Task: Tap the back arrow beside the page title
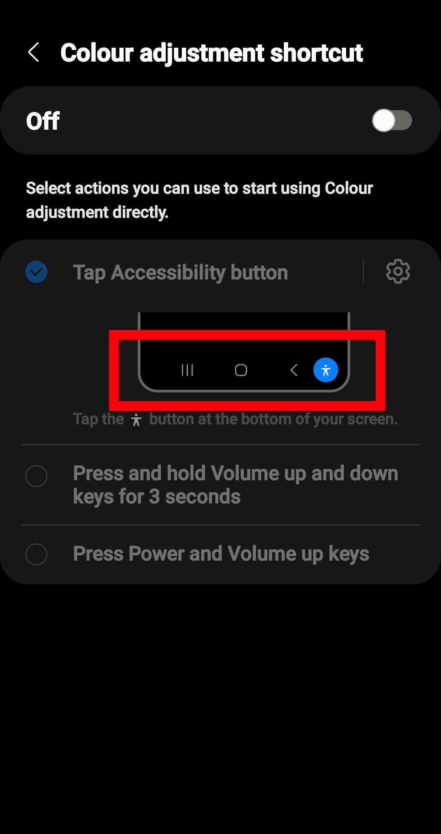(x=33, y=53)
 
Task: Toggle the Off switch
(x=392, y=120)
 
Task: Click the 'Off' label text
(x=43, y=121)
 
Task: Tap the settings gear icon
(x=398, y=271)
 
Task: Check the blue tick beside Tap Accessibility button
(x=36, y=272)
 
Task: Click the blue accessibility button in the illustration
(x=325, y=370)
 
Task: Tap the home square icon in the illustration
(x=241, y=370)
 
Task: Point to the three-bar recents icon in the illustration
(x=187, y=370)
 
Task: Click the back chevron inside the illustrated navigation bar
(x=294, y=370)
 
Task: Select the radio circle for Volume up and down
(x=36, y=476)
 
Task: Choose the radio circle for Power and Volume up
(x=36, y=554)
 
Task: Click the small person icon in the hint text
(x=136, y=420)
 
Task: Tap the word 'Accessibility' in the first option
(x=168, y=273)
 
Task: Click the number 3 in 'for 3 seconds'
(x=154, y=497)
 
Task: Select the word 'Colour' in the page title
(x=97, y=53)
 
